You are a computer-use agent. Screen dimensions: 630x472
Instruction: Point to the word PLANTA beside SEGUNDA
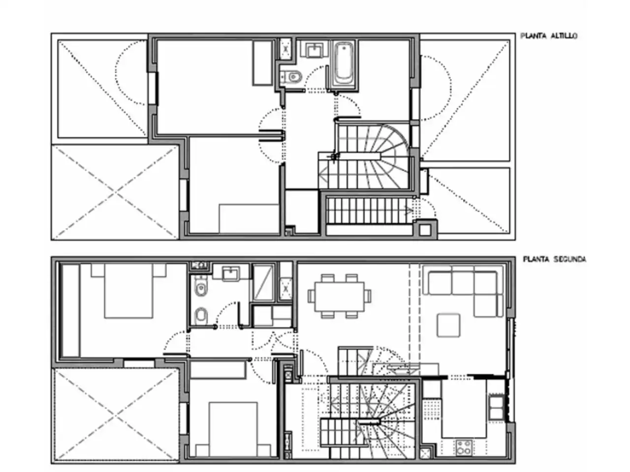(536, 260)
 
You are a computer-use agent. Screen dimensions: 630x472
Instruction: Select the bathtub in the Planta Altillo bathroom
(344, 63)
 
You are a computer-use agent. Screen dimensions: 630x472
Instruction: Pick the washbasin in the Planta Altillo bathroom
(315, 50)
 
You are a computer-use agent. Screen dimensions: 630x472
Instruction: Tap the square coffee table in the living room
(448, 325)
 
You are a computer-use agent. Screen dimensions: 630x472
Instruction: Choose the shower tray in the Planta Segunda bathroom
(263, 283)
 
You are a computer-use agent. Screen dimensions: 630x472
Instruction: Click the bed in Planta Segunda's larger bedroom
(128, 291)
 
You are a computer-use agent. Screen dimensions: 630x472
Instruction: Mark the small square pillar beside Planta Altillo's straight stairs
(425, 230)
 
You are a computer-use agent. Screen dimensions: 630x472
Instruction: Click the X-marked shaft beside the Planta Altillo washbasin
(285, 49)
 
